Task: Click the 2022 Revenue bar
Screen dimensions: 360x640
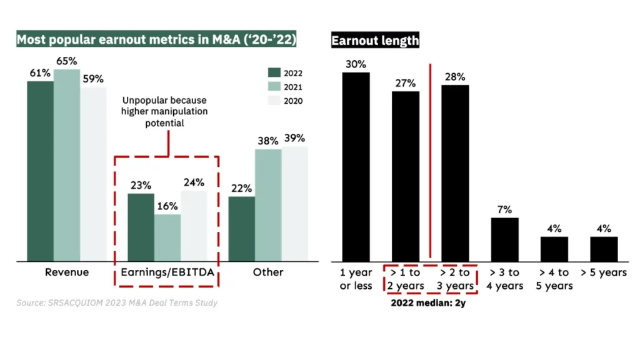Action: (x=40, y=171)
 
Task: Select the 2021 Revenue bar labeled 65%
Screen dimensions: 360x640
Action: (x=67, y=165)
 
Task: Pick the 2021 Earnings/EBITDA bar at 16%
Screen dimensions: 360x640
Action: (x=167, y=238)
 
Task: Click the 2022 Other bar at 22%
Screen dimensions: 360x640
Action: (x=241, y=229)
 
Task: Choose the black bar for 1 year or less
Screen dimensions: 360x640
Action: (x=356, y=167)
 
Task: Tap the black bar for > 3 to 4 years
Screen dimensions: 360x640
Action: (x=504, y=239)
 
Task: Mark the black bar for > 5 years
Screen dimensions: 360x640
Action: (x=604, y=249)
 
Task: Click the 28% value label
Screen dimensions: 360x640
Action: (x=455, y=77)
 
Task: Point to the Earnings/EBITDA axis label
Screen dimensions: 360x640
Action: (x=167, y=272)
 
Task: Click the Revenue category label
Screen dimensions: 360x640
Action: (x=67, y=272)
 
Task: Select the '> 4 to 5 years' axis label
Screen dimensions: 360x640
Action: (x=554, y=279)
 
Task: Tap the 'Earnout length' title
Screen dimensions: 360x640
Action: (x=375, y=41)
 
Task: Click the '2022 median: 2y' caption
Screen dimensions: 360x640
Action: (x=429, y=304)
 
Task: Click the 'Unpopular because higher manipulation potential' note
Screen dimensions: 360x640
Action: (x=164, y=112)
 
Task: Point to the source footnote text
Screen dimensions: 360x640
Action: (x=117, y=303)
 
